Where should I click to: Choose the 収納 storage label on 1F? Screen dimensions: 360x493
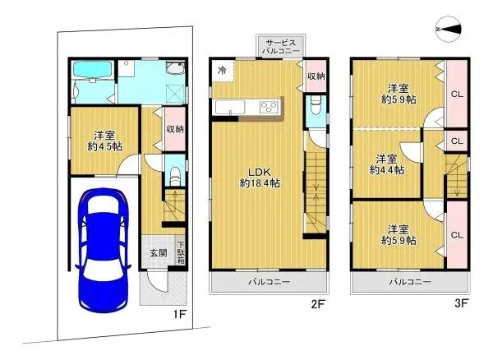174,129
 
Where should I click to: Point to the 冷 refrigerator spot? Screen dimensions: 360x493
222,71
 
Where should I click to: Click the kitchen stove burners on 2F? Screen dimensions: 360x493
269,107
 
